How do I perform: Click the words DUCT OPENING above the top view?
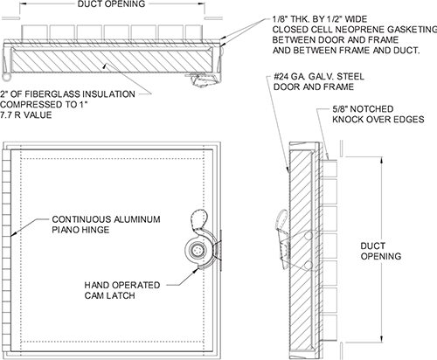point(111,4)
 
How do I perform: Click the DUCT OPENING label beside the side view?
point(381,251)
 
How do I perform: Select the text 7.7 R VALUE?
point(26,115)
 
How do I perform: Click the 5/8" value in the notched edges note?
point(340,109)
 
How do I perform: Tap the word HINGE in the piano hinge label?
point(95,230)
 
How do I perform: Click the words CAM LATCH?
point(110,295)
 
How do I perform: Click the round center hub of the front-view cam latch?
point(197,250)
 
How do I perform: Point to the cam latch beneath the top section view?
point(203,80)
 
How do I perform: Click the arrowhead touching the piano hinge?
point(12,233)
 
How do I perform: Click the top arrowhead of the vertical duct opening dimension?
point(381,160)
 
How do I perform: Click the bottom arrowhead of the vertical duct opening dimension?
point(381,338)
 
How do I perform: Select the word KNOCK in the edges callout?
point(347,120)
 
